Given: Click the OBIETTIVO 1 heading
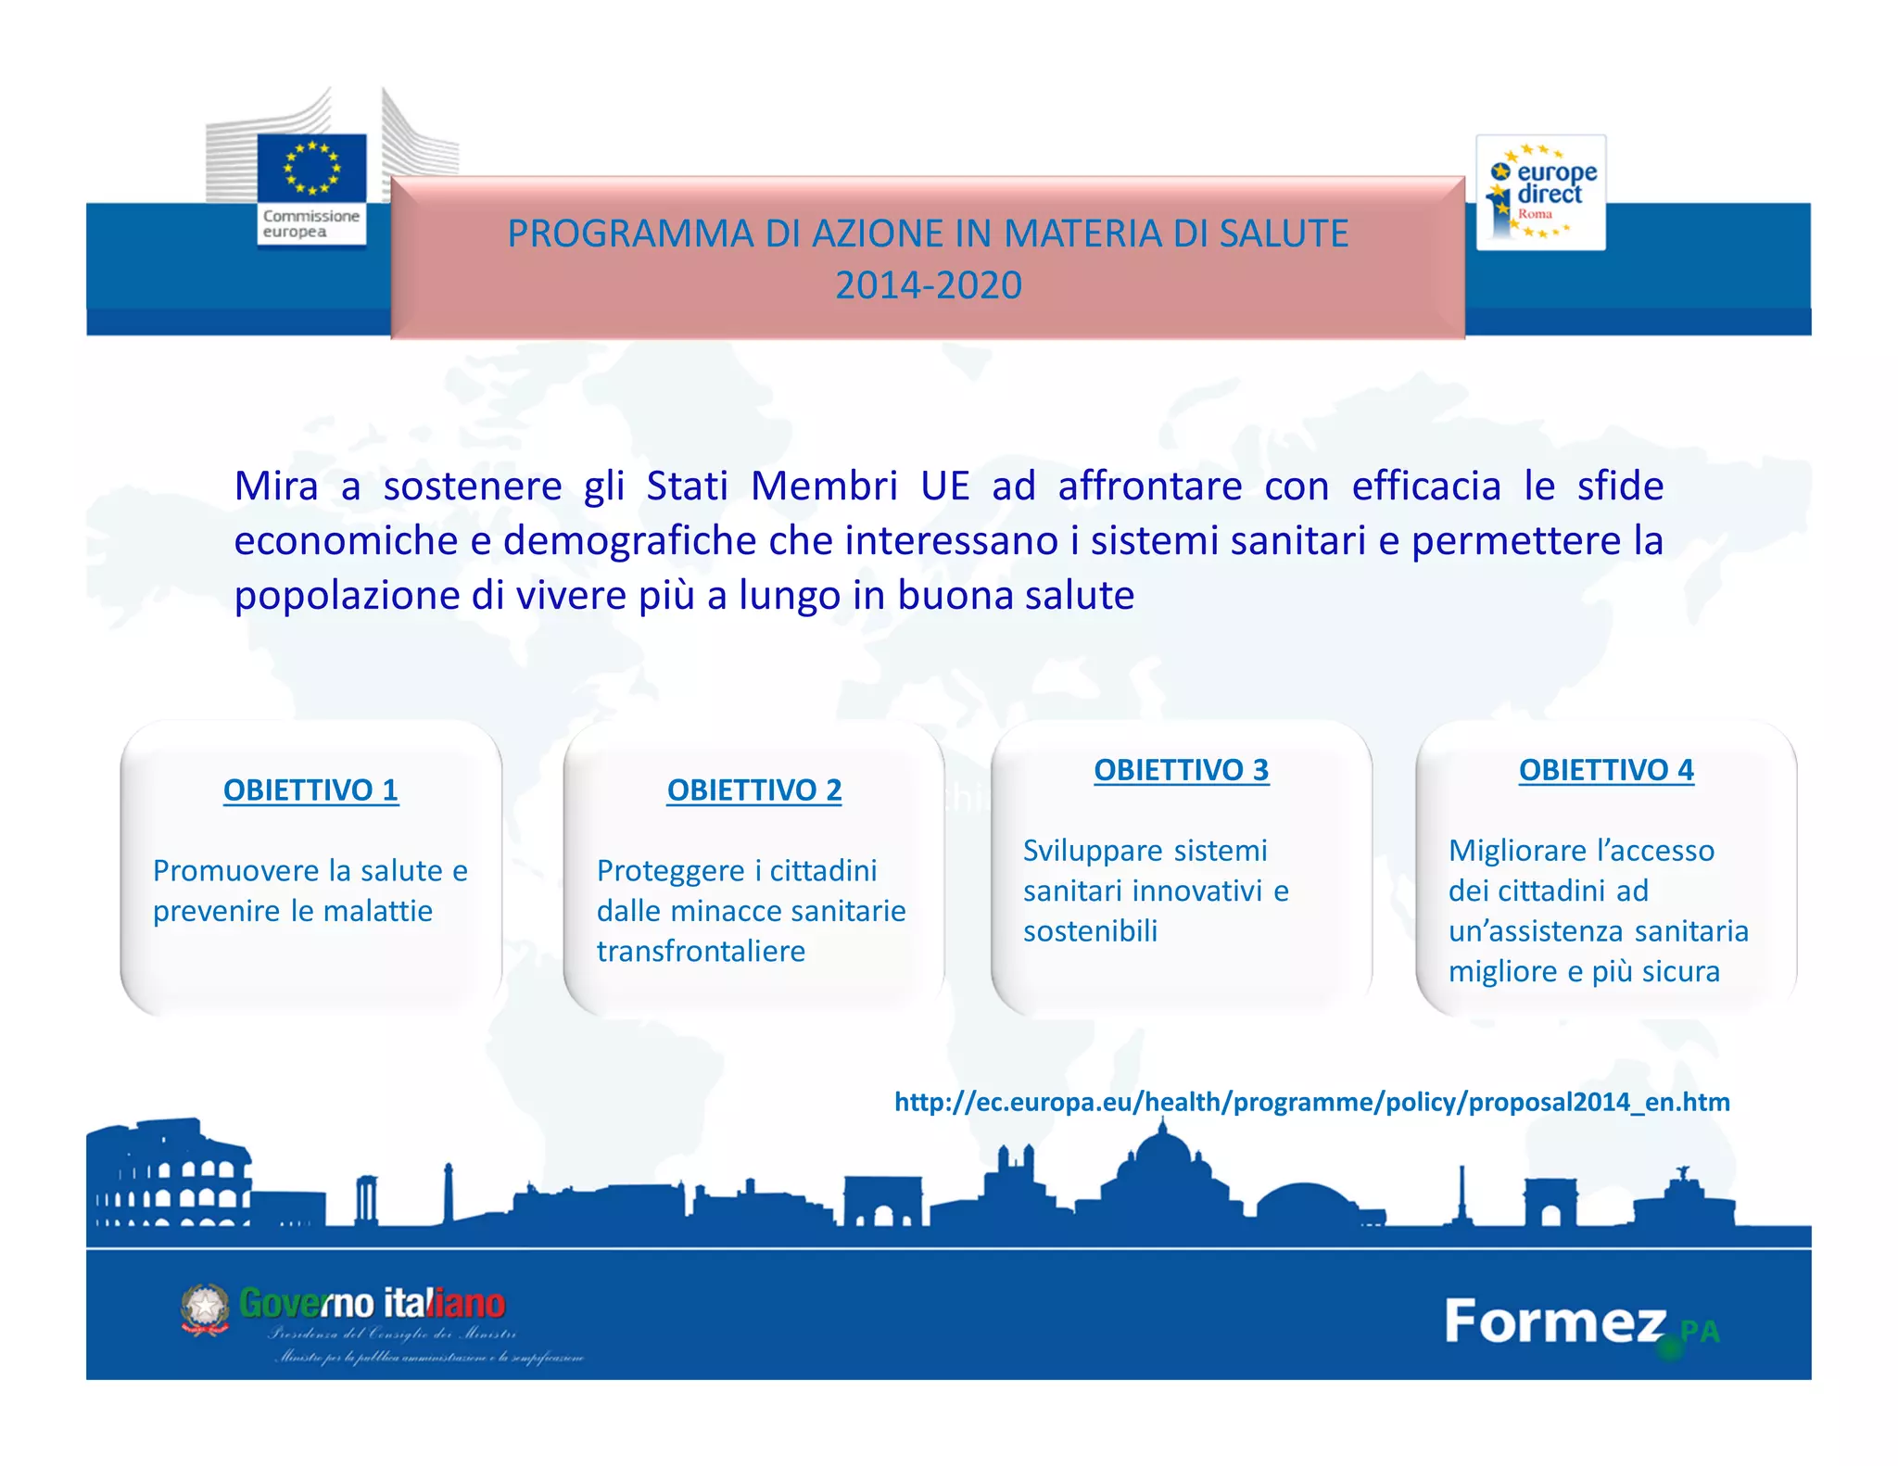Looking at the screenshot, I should point(310,790).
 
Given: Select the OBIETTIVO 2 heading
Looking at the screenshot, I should point(754,790).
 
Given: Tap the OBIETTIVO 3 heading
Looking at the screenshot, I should point(1181,770).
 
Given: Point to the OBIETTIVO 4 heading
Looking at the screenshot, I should point(1606,770).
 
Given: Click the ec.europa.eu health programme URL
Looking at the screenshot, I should point(1311,1102).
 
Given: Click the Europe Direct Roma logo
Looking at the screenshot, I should point(1540,193).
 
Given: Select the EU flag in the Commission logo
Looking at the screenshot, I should point(312,167).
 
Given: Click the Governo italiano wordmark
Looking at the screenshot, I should point(373,1304).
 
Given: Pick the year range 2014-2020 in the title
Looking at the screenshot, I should point(928,285).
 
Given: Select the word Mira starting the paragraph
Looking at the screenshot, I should point(276,487).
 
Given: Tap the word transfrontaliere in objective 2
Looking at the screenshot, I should point(701,952).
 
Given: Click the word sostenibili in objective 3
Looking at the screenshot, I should point(1090,931).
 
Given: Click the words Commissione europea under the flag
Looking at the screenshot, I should point(310,223).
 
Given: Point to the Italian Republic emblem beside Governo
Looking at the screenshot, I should point(205,1308).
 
